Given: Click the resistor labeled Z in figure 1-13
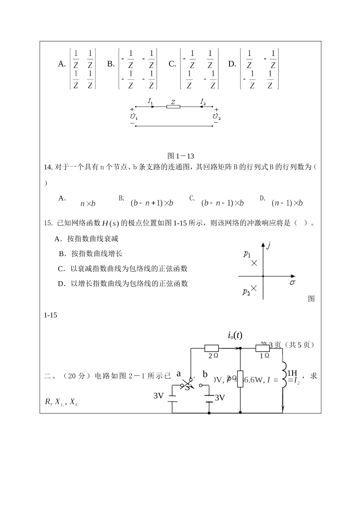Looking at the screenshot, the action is pyautogui.click(x=173, y=107).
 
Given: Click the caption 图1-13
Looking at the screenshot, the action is pyautogui.click(x=180, y=156).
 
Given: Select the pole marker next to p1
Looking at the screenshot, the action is pyautogui.click(x=254, y=263).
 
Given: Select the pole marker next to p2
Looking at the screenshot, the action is pyautogui.click(x=254, y=288).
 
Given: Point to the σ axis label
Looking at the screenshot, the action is pyautogui.click(x=292, y=283).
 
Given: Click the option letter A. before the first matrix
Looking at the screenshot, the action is pyautogui.click(x=62, y=64).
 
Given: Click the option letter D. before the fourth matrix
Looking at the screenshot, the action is pyautogui.click(x=232, y=64).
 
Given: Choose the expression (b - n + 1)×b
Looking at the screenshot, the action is pyautogui.click(x=152, y=203).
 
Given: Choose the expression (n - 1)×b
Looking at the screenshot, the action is pyautogui.click(x=287, y=203).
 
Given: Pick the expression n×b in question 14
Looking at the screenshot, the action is pyautogui.click(x=88, y=204).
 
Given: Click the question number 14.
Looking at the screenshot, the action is pyautogui.click(x=48, y=167).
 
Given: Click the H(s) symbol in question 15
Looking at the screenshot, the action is pyautogui.click(x=111, y=223).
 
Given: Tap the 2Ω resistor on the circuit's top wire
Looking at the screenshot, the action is pyautogui.click(x=212, y=348).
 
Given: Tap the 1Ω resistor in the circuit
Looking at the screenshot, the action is pyautogui.click(x=263, y=348).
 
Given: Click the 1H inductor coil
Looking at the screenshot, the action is pyautogui.click(x=284, y=375).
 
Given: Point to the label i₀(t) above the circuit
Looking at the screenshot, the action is pyautogui.click(x=235, y=335).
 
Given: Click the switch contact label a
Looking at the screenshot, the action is pyautogui.click(x=179, y=374).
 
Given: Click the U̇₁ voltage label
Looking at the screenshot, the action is pyautogui.click(x=134, y=116).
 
